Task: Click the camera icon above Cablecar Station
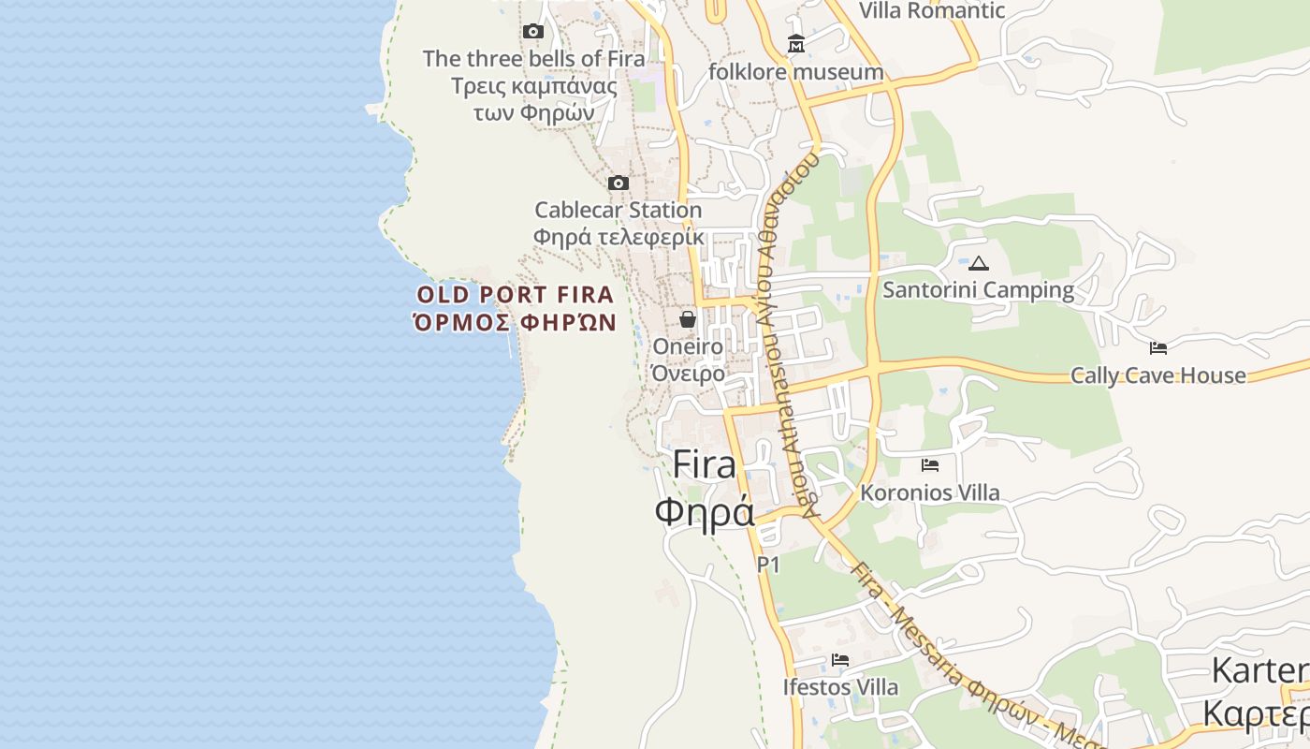pyautogui.click(x=619, y=183)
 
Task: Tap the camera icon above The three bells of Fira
pyautogui.click(x=533, y=32)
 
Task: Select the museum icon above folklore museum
pyautogui.click(x=796, y=44)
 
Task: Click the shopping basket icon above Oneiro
pyautogui.click(x=688, y=319)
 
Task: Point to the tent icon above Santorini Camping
pyautogui.click(x=979, y=263)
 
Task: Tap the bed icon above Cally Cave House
pyautogui.click(x=1158, y=348)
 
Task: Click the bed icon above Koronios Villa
pyautogui.click(x=930, y=464)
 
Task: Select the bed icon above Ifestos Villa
pyautogui.click(x=840, y=660)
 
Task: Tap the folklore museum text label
pyautogui.click(x=796, y=72)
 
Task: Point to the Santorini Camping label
pyautogui.click(x=979, y=290)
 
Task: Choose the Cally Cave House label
pyautogui.click(x=1158, y=375)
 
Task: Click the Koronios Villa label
pyautogui.click(x=930, y=492)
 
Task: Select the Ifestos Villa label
pyautogui.click(x=840, y=687)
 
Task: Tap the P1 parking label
pyautogui.click(x=768, y=565)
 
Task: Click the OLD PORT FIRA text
pyautogui.click(x=516, y=295)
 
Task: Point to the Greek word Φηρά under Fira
pyautogui.click(x=705, y=512)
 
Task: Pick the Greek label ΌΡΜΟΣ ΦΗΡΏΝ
pyautogui.click(x=516, y=323)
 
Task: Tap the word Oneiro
pyautogui.click(x=688, y=346)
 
